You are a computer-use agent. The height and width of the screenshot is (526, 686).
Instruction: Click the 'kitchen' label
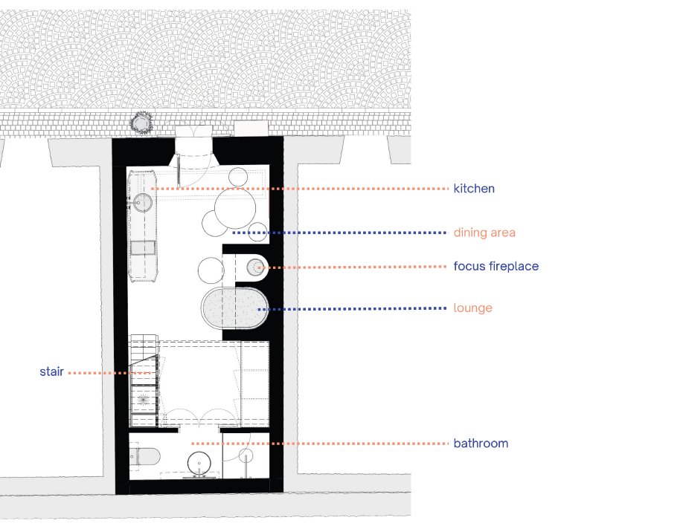click(474, 189)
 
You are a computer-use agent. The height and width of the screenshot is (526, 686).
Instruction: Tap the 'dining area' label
click(484, 233)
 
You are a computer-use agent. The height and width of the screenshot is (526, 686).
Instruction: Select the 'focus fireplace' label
click(496, 266)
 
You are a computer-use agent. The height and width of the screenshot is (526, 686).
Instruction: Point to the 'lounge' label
click(473, 308)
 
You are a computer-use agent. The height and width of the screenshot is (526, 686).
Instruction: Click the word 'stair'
click(51, 371)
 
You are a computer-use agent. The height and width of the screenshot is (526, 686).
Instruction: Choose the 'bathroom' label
click(481, 444)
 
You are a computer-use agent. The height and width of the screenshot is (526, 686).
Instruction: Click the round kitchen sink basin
click(143, 202)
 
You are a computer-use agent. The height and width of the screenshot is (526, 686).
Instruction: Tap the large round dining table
click(235, 208)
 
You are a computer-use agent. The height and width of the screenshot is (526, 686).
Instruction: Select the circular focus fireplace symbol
click(255, 267)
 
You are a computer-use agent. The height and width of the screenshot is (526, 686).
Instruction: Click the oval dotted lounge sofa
click(234, 308)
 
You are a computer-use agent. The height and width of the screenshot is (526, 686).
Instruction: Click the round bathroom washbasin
click(199, 463)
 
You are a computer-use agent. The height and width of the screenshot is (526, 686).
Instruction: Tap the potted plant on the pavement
click(141, 123)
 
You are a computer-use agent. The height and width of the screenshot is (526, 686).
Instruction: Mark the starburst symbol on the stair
click(143, 399)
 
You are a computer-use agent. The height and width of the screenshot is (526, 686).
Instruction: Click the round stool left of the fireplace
click(211, 270)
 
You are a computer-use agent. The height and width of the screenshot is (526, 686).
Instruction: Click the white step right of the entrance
click(251, 129)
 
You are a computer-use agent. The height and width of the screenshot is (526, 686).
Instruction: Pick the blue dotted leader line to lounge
click(352, 309)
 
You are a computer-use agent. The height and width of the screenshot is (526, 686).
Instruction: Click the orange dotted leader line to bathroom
click(320, 444)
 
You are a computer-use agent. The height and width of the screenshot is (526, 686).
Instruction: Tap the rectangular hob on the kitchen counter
click(143, 247)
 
